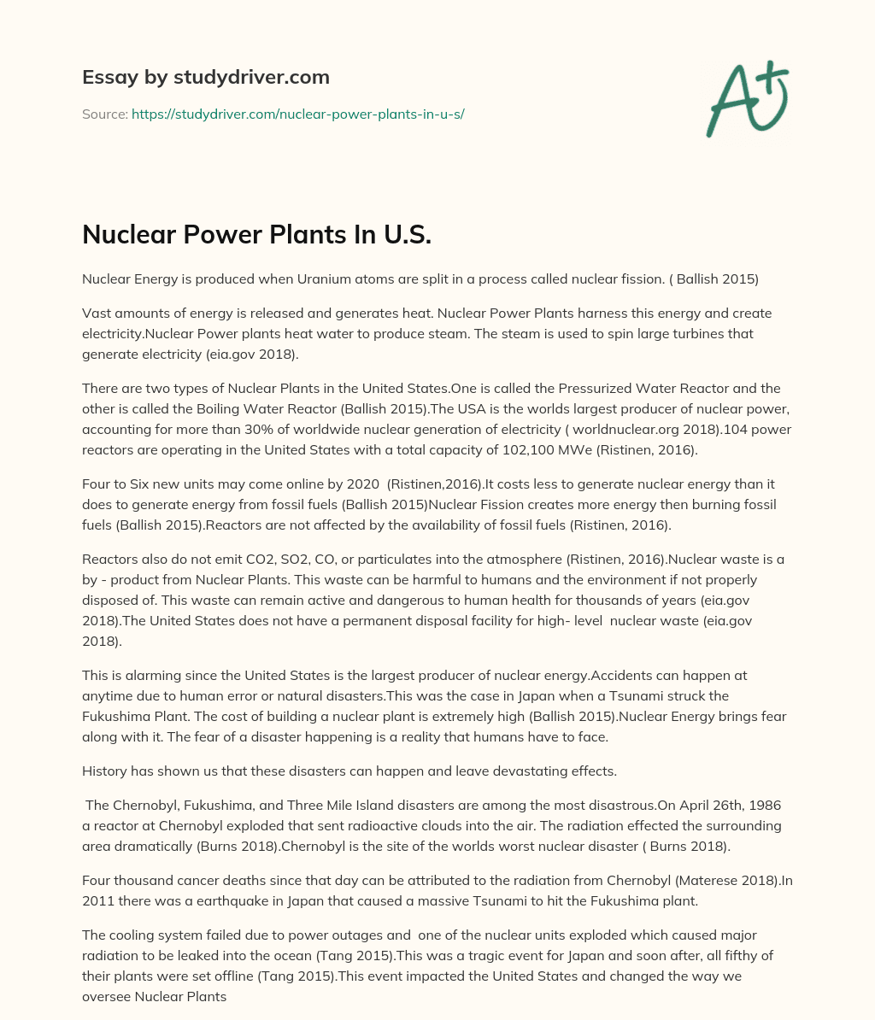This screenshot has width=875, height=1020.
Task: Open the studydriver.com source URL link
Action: [x=297, y=114]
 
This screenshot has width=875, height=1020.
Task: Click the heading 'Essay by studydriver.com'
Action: [x=205, y=77]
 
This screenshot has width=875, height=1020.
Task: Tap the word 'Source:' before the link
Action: [x=104, y=114]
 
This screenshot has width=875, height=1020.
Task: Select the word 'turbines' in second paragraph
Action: [x=640, y=333]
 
